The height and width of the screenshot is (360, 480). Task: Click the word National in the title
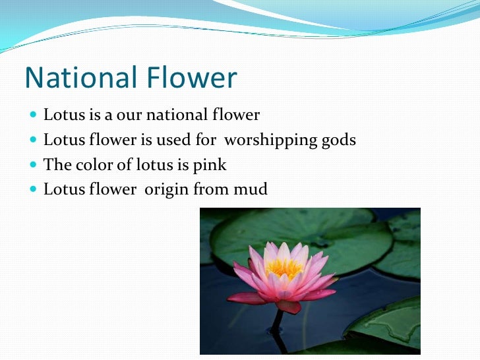pos(73,78)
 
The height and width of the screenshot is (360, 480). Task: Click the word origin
pos(166,191)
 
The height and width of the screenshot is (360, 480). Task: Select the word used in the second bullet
pos(171,140)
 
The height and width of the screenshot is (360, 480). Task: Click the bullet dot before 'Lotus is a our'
pos(34,115)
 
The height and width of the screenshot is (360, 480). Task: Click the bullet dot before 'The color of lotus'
pos(34,165)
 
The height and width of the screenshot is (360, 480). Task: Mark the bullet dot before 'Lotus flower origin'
pos(34,190)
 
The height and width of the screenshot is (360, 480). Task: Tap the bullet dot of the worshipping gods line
pos(34,140)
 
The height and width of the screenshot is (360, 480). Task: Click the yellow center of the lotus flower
pos(284,268)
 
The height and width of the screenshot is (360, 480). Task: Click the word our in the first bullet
pos(129,115)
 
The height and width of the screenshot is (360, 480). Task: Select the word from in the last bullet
pos(208,190)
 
